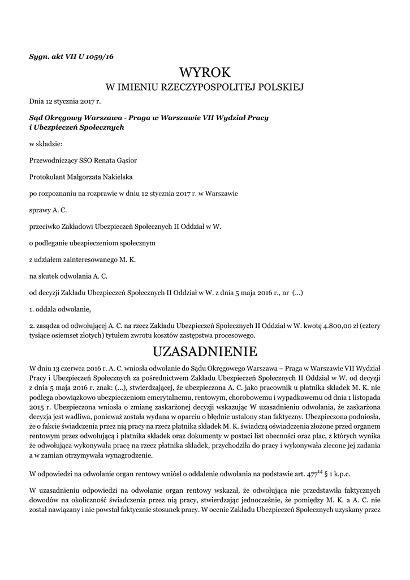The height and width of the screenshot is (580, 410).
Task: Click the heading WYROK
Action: (x=205, y=72)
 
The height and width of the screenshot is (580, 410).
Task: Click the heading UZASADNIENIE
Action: (x=205, y=352)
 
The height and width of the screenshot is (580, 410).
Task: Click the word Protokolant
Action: (x=46, y=176)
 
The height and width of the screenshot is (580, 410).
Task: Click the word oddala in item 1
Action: (x=48, y=309)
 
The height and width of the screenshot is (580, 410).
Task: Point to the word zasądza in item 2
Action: (x=49, y=326)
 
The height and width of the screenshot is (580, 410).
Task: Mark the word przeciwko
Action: (x=46, y=226)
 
